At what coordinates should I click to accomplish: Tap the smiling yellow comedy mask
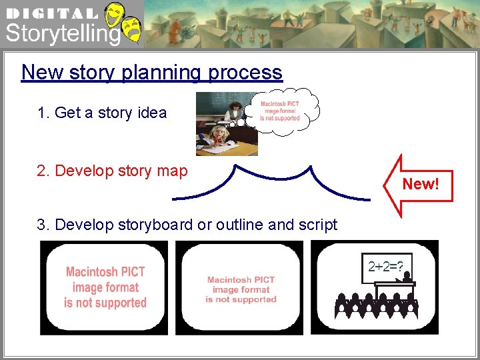coord(115,13)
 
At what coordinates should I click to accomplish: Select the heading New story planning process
coord(151,72)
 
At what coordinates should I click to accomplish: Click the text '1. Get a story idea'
coord(102,113)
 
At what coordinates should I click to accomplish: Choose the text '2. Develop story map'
coord(112,171)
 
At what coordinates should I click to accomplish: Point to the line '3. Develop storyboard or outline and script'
coord(187,225)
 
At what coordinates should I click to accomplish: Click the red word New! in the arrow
coord(421,184)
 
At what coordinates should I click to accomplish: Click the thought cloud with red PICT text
coord(280,111)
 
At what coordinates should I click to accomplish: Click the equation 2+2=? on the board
coord(385,267)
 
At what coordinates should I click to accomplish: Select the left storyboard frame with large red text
coord(105,287)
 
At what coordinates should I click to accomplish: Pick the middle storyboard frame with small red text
coord(241,287)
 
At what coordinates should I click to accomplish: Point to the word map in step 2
coord(171,171)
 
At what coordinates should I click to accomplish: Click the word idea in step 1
coord(151,113)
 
